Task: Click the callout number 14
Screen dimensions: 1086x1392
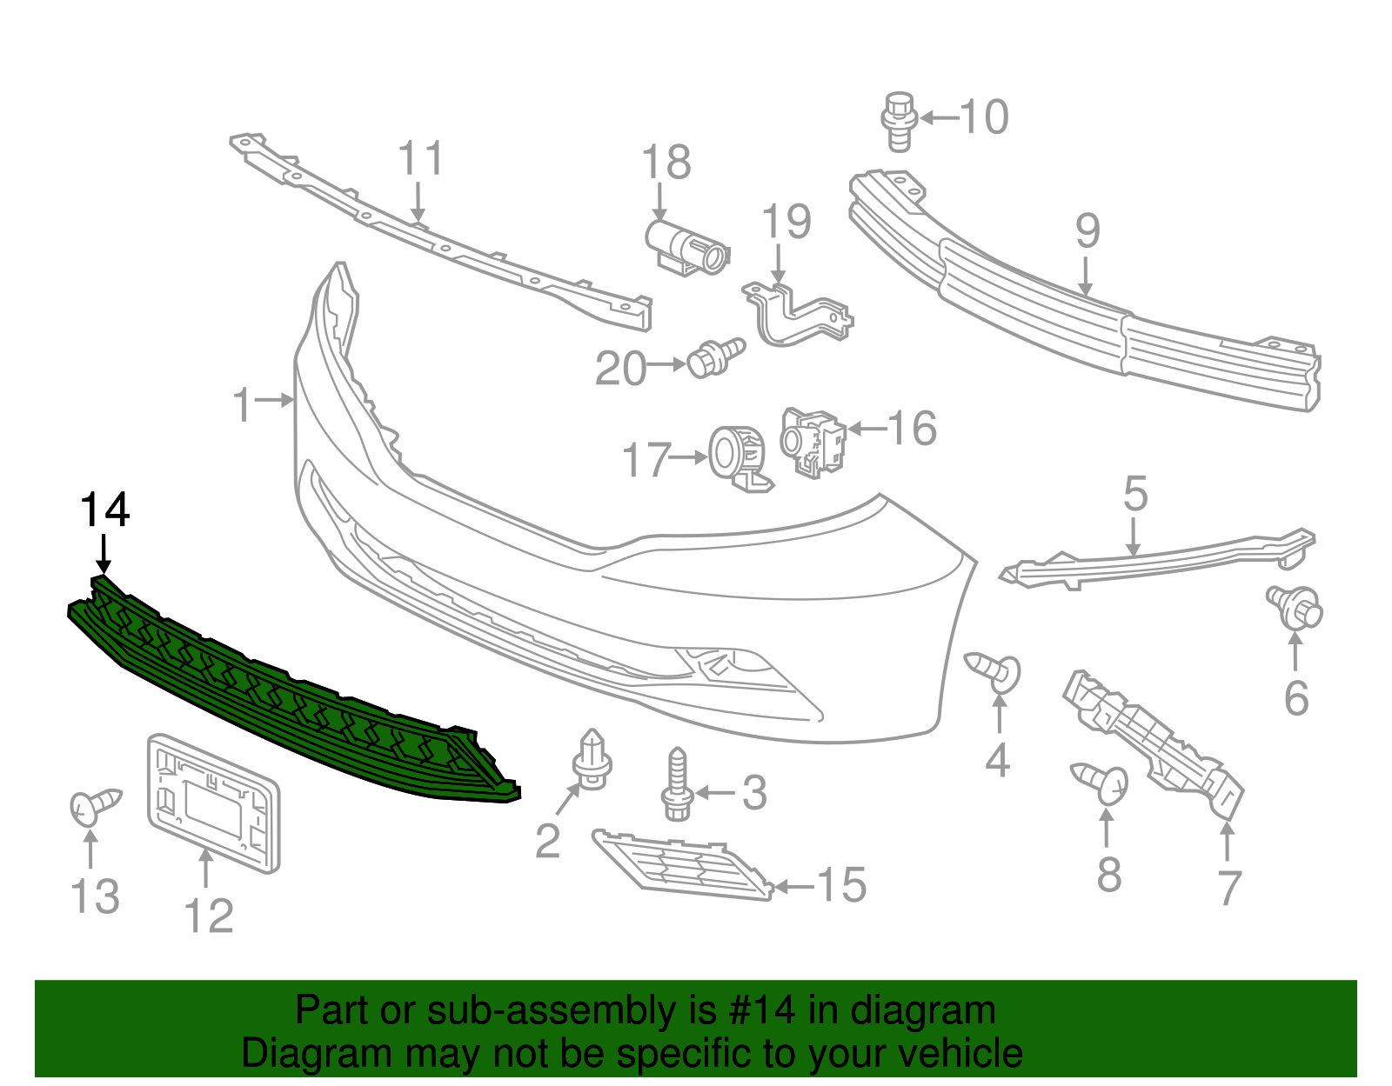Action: click(105, 510)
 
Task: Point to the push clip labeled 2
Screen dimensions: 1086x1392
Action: click(592, 761)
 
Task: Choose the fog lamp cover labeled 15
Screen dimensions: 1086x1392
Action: click(683, 865)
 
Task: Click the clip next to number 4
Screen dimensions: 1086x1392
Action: click(995, 670)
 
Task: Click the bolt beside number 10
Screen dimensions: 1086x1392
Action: click(898, 122)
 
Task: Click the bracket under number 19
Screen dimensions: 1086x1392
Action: click(796, 313)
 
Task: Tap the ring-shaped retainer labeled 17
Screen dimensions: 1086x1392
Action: click(737, 456)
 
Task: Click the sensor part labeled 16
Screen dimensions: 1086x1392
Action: click(813, 441)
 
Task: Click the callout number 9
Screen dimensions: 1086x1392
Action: click(1087, 231)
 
